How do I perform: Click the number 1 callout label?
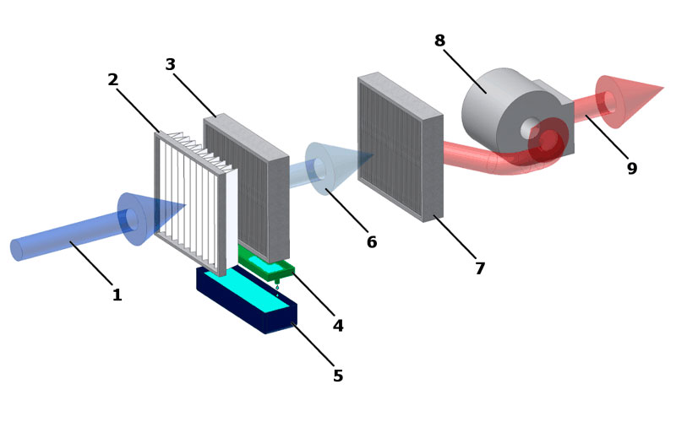[x=117, y=295]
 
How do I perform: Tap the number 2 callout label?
[x=113, y=79]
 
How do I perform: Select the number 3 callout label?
[x=171, y=64]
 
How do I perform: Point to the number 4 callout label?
[x=338, y=326]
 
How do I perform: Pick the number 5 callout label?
[x=338, y=376]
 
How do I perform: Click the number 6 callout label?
[x=372, y=242]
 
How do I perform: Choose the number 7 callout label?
[x=480, y=268]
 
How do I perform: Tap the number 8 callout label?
[x=439, y=41]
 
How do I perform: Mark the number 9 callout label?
[x=632, y=168]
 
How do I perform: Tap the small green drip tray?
[x=266, y=263]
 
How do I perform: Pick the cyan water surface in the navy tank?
[x=250, y=289]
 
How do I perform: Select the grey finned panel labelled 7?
[x=400, y=146]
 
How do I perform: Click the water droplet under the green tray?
[x=277, y=287]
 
